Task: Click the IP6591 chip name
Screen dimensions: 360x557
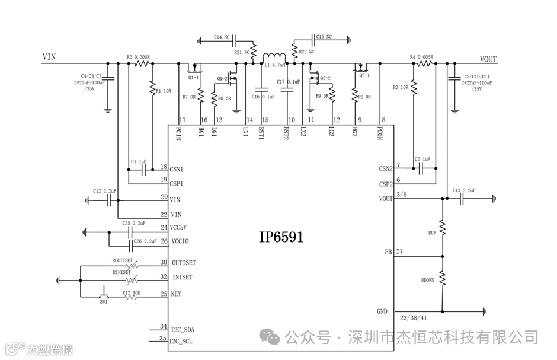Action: pos(281,238)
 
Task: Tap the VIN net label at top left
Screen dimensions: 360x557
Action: pos(50,58)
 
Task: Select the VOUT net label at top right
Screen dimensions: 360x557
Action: pos(488,59)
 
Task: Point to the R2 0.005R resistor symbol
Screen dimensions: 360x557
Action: pos(141,63)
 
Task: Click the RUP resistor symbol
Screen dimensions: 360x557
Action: pos(442,226)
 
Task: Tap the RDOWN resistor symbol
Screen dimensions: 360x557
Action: pos(442,278)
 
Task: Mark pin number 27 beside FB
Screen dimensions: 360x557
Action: pos(399,251)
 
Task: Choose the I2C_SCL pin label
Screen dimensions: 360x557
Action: pos(182,341)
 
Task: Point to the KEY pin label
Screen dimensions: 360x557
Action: pos(176,294)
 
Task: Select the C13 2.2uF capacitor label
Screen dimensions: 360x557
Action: pos(464,190)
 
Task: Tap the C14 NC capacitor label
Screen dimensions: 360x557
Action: pos(222,37)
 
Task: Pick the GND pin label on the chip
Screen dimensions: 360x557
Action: pos(382,311)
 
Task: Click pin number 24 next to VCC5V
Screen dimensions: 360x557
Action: pos(164,227)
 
